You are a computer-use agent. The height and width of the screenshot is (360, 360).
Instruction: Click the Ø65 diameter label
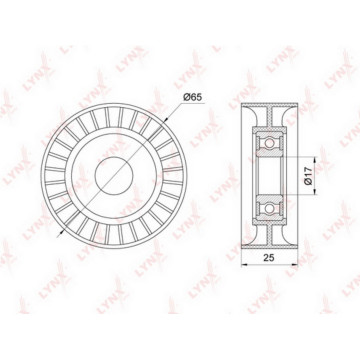[x=193, y=98]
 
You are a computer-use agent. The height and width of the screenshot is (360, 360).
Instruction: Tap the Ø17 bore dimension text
[x=308, y=176]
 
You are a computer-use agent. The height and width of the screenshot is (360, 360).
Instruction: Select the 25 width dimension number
[x=269, y=258]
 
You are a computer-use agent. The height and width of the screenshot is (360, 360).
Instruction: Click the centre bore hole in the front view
[x=114, y=176]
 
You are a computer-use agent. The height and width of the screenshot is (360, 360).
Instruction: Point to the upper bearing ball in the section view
[x=269, y=143]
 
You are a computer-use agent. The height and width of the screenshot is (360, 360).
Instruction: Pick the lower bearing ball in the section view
[x=269, y=208]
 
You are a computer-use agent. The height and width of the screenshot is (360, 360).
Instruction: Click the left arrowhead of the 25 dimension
[x=244, y=265]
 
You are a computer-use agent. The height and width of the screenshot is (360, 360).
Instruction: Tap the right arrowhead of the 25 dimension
[x=295, y=265]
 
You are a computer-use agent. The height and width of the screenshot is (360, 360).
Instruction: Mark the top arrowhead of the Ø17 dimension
[x=315, y=159]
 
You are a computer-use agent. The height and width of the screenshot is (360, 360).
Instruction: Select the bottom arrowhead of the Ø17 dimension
[x=315, y=192]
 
